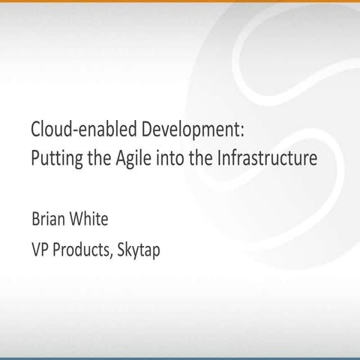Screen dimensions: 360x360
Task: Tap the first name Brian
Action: pyautogui.click(x=48, y=221)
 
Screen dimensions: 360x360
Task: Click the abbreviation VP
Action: pyautogui.click(x=39, y=250)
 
